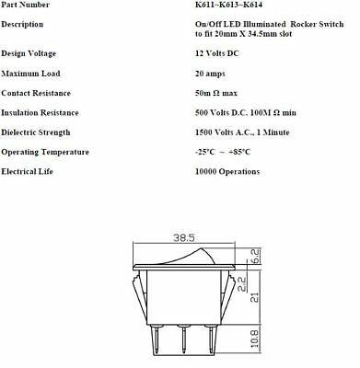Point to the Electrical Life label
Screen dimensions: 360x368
[31, 171]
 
